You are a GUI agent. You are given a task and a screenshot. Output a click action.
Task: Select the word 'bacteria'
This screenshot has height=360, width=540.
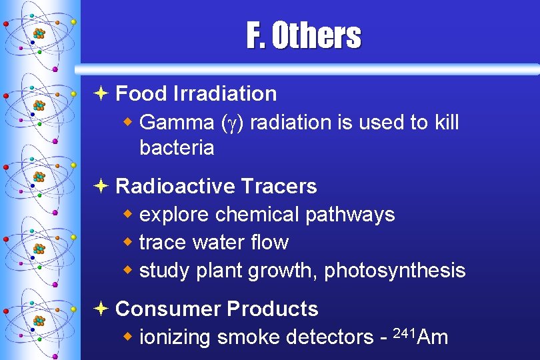pyautogui.click(x=177, y=148)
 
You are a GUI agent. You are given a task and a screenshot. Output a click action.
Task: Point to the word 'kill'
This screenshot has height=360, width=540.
pyautogui.click(x=443, y=123)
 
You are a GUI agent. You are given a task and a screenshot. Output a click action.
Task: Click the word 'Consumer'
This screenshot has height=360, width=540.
pyautogui.click(x=168, y=309)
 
